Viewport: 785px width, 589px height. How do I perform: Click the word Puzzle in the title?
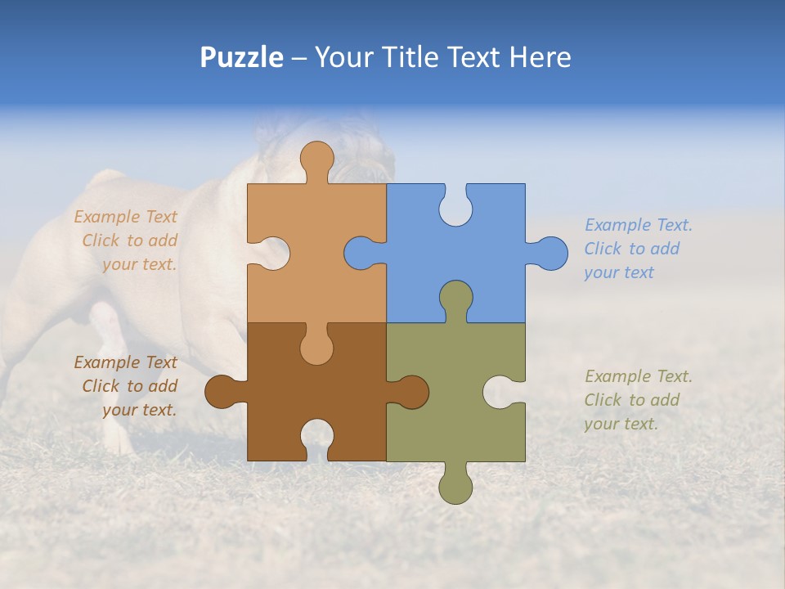click(242, 57)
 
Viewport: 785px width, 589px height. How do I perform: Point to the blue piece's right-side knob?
click(550, 253)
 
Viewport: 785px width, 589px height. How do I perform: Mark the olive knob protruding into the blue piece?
click(455, 297)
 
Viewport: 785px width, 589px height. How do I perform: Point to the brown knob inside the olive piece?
click(411, 392)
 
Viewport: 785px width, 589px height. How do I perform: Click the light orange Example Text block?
click(128, 241)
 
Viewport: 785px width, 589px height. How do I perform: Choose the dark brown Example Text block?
click(128, 386)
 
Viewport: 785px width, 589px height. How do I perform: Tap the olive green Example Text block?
click(638, 400)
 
